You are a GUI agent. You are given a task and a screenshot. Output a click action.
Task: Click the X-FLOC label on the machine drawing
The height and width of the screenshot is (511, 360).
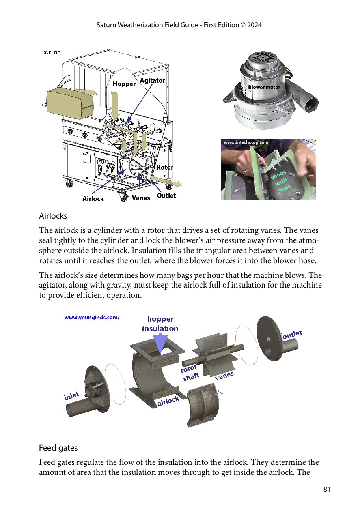pos(52,53)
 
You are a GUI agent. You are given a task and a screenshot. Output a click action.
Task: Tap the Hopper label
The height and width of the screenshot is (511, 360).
pos(124,84)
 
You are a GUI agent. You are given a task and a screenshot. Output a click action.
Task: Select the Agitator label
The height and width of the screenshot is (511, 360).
pos(152,80)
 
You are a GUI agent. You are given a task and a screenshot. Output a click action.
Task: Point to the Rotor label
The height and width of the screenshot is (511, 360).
pos(165,167)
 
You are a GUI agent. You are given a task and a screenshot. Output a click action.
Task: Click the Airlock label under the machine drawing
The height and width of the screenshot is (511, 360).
pos(93,198)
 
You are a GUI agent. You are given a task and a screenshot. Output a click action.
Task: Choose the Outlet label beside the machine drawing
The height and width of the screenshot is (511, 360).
pos(166,195)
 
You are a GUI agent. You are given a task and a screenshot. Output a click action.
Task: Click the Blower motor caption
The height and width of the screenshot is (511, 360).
pos(264,87)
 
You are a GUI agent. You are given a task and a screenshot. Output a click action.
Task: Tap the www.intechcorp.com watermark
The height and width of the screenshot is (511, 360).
pos(246,142)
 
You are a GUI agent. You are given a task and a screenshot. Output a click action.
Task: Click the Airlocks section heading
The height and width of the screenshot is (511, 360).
pos(53,216)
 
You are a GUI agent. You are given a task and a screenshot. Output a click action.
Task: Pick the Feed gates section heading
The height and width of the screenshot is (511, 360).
pos(58,448)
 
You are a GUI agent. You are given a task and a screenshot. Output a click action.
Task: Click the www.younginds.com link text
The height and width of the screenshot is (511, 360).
pos(92,318)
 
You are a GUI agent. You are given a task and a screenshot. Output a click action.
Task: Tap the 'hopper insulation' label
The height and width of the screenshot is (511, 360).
pos(160,324)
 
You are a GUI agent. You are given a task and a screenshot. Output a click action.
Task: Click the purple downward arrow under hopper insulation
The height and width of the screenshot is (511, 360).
pos(161,343)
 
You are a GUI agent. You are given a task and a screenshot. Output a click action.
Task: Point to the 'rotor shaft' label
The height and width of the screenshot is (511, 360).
pos(190,373)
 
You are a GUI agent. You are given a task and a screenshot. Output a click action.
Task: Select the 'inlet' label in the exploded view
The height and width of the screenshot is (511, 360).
pos(71,396)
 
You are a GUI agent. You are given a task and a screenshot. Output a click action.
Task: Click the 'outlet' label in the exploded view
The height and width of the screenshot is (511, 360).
pos(292,334)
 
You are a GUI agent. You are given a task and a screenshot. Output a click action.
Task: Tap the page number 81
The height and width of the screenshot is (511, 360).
pos(327,489)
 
